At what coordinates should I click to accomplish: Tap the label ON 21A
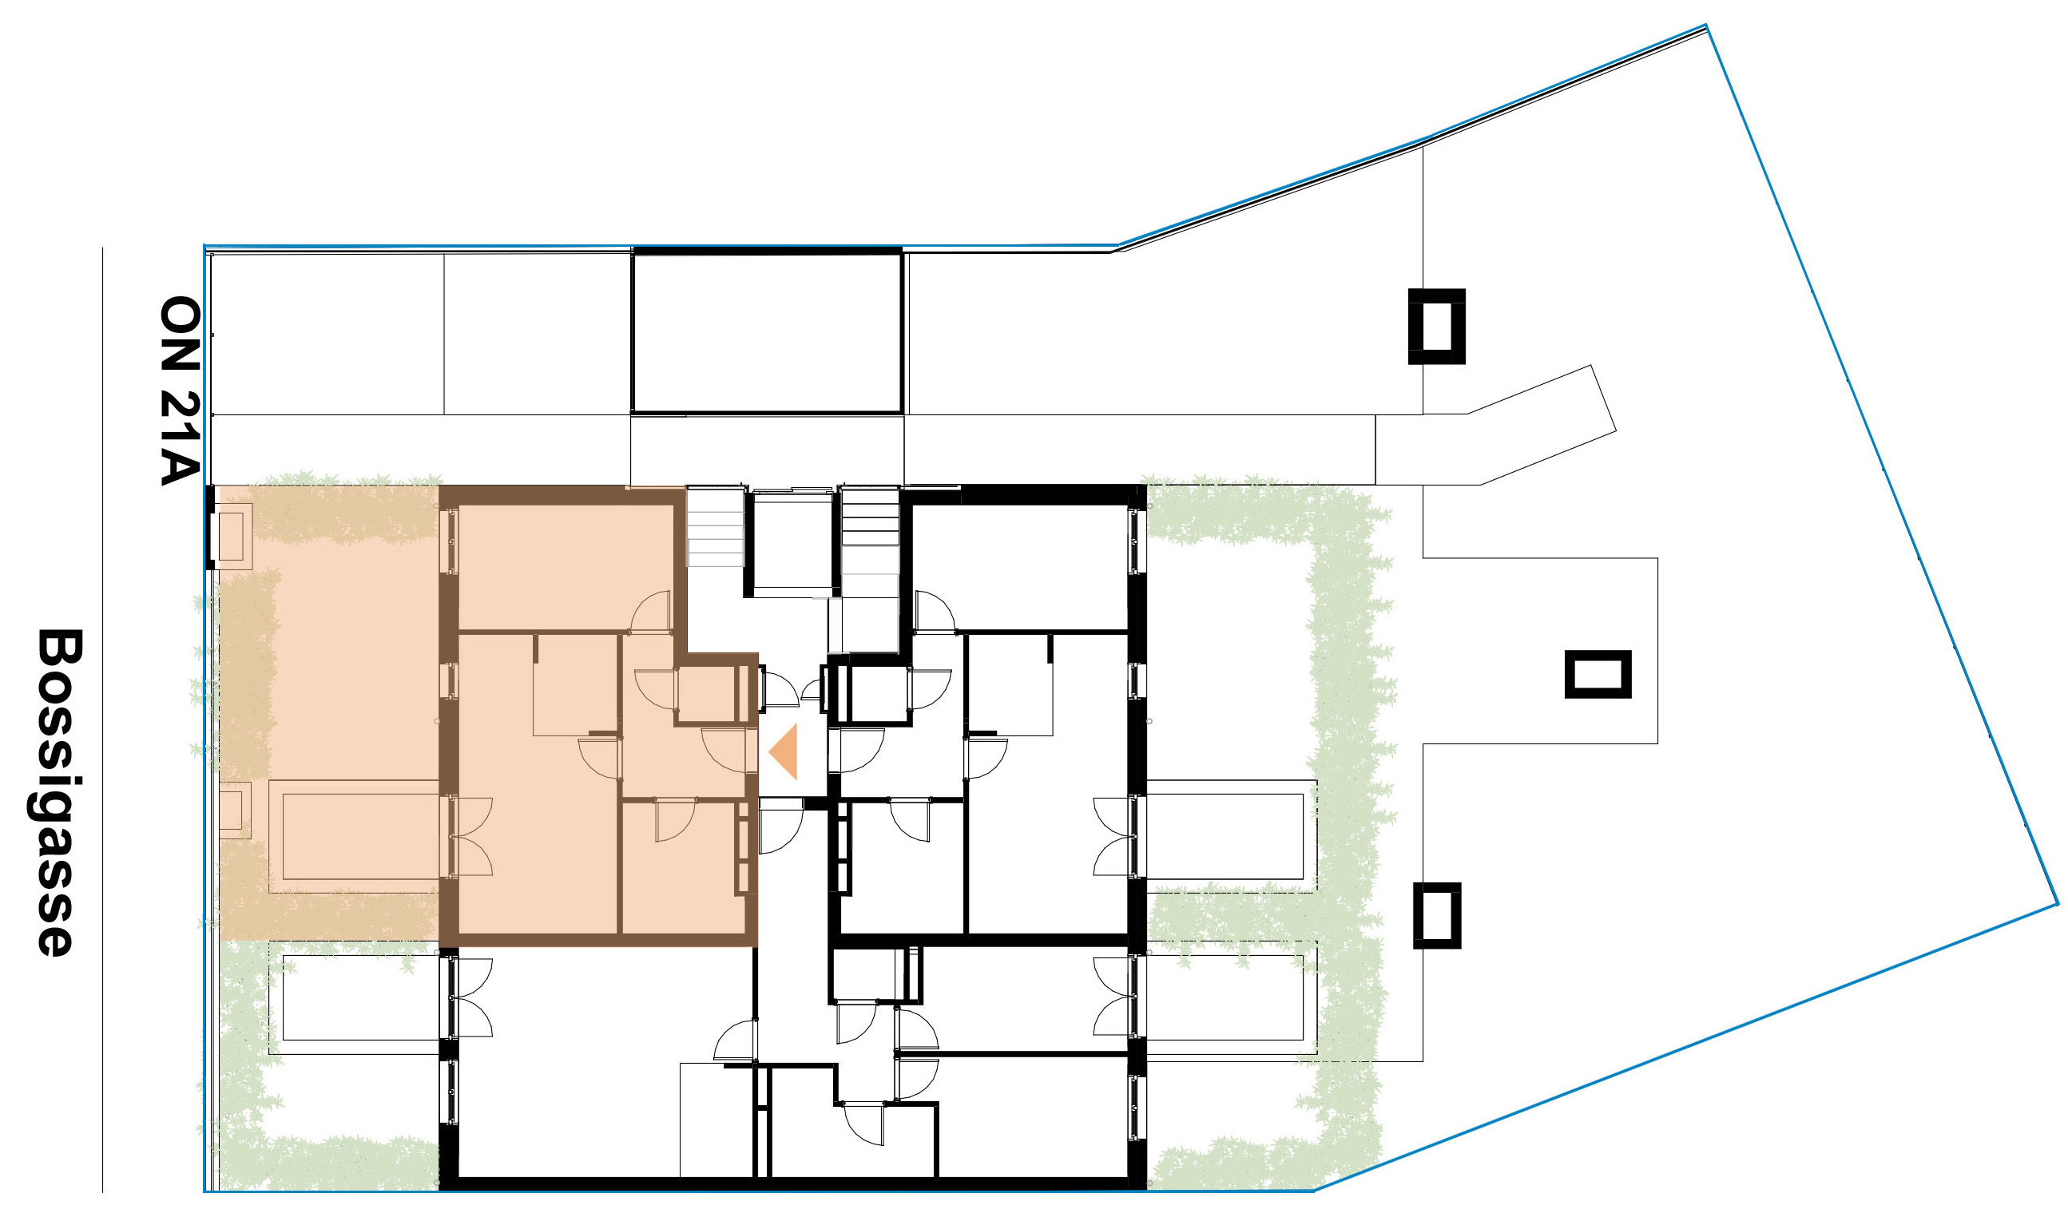coord(180,390)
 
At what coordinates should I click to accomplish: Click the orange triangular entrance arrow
coord(784,751)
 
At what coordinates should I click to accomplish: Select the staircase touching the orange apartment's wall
coord(715,527)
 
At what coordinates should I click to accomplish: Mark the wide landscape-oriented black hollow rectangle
coord(1597,675)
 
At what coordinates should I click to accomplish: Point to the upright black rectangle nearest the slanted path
coord(1436,327)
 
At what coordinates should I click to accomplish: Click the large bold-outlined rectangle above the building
coord(768,331)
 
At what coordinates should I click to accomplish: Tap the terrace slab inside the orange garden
coord(355,836)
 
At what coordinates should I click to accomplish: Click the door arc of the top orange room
coord(651,612)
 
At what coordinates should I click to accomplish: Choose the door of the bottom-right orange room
coord(675,821)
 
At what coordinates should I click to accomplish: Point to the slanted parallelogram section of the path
coord(1541,425)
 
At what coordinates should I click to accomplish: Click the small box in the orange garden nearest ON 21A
coord(234,537)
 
